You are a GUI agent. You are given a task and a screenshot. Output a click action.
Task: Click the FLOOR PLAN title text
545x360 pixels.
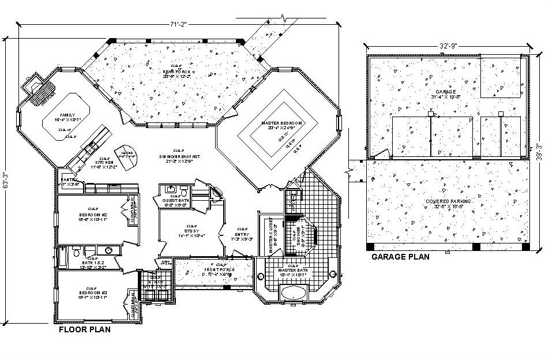(85, 331)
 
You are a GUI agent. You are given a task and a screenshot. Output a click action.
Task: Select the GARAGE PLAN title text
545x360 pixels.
(400, 257)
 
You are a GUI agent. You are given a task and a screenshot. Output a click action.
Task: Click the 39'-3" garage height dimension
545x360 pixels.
(538, 152)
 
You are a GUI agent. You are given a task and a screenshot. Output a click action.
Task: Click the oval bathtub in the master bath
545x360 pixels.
(293, 293)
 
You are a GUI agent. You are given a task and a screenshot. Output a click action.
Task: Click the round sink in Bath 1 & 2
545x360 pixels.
(107, 250)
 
